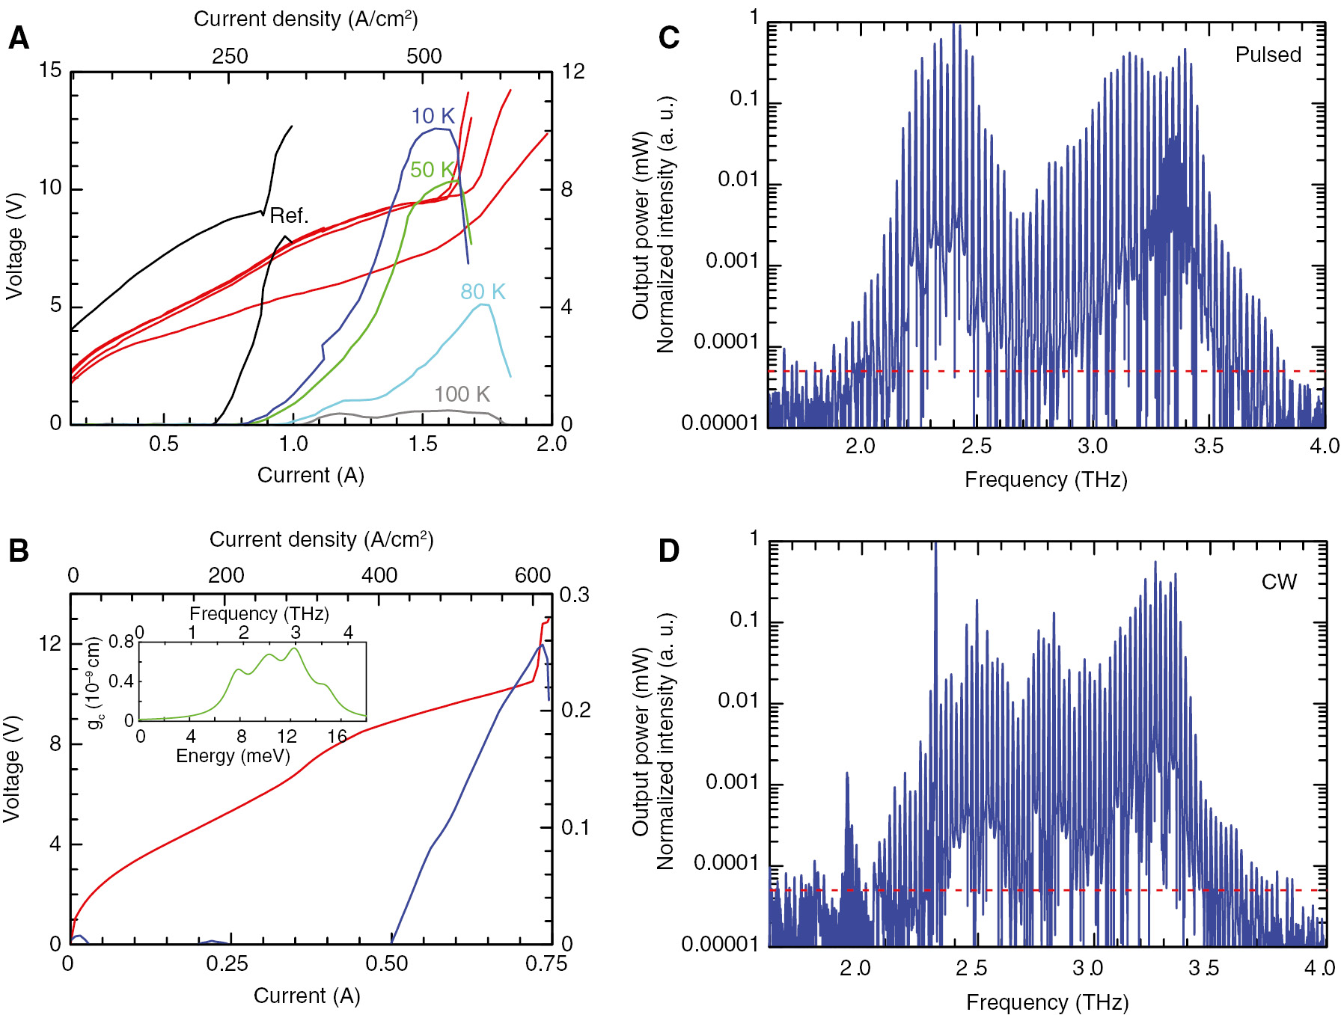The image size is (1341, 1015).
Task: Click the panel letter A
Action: (19, 38)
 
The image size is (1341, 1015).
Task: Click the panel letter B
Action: (19, 551)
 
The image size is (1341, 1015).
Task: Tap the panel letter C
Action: (668, 38)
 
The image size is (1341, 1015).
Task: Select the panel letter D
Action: (668, 551)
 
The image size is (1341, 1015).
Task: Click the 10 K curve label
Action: (433, 116)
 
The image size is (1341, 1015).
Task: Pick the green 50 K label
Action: (432, 170)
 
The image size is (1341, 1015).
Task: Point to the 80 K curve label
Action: (483, 292)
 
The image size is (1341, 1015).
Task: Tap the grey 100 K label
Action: (462, 394)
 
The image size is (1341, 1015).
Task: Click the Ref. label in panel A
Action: (289, 216)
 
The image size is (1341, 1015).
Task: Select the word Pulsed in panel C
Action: (1268, 55)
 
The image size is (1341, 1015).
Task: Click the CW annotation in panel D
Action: (1279, 582)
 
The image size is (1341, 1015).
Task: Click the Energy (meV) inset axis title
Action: (233, 756)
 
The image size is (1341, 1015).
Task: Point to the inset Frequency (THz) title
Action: (259, 614)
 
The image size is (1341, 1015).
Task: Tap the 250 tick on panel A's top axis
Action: (230, 57)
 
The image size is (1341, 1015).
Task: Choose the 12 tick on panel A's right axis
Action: (572, 72)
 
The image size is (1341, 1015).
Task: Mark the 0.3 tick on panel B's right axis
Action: (575, 595)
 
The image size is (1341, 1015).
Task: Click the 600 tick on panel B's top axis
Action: (533, 575)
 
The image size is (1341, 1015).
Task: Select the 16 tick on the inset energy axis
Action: (337, 737)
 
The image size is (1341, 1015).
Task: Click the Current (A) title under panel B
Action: (307, 996)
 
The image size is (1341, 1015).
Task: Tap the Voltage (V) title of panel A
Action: (14, 247)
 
